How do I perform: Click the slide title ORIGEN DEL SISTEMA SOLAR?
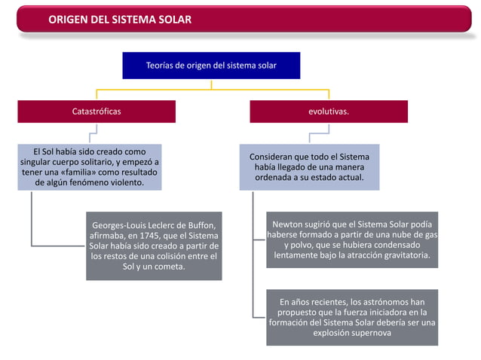point(120,18)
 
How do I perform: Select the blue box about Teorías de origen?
point(211,66)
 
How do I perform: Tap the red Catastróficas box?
point(97,111)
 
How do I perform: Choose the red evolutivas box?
point(328,111)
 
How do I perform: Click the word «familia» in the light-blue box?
point(80,172)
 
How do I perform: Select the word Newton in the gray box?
point(287,224)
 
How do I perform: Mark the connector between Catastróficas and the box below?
point(93,134)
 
